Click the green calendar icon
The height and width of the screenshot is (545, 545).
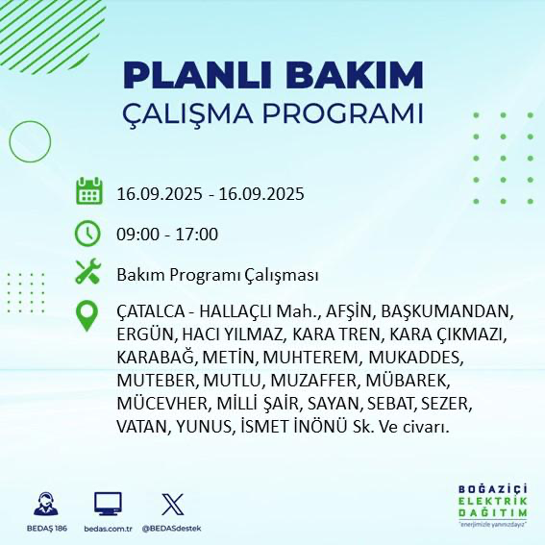(88, 191)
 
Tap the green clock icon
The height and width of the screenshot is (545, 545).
(88, 233)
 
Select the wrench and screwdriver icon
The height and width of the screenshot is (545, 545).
(88, 273)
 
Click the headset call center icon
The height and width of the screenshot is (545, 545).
(42, 505)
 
